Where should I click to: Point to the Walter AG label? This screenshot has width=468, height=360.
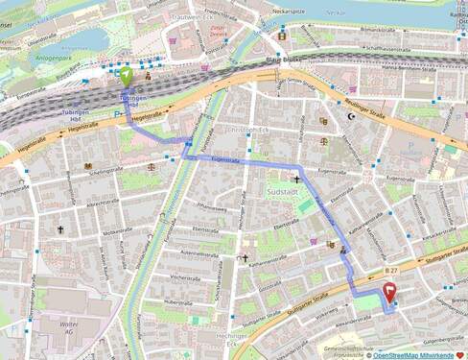68,329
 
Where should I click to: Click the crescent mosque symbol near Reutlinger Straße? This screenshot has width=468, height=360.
351,116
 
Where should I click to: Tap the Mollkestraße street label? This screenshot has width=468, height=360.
115,231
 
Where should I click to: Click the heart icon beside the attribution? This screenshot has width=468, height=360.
458,354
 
